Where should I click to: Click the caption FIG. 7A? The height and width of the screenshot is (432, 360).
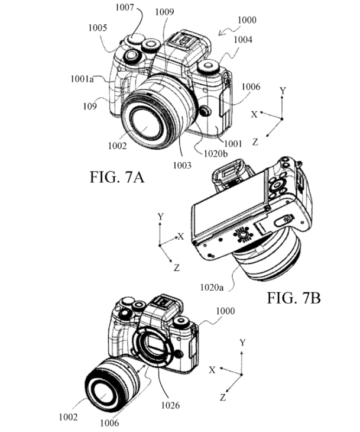coord(117,177)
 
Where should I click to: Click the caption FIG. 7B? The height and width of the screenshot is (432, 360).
coord(294,298)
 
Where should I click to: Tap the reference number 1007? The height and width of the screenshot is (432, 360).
coord(125,7)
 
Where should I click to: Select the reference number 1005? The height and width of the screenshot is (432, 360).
coord(98,28)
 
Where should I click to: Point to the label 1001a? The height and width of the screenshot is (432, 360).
coord(82,79)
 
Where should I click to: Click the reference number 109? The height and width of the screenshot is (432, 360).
coord(90,106)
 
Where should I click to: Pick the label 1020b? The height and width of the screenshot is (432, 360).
coord(216,153)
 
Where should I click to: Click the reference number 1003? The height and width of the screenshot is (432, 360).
coord(182,165)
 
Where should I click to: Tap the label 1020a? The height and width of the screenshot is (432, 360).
coord(212,288)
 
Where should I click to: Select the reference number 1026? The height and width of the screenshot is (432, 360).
coord(170,405)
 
